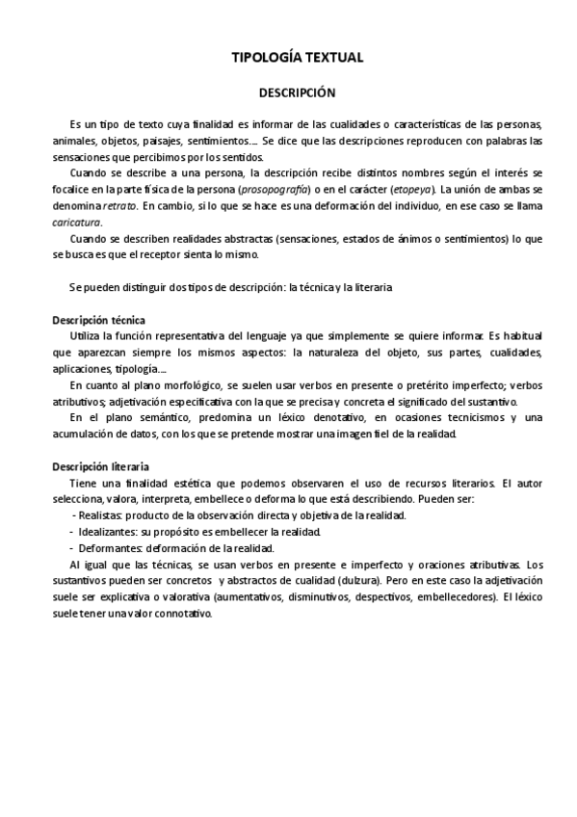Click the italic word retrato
pos(120,206)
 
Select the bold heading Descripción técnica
pos(97,320)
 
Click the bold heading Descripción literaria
pos(98,466)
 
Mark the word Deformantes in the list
pos(107,548)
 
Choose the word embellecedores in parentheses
pos(458,597)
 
